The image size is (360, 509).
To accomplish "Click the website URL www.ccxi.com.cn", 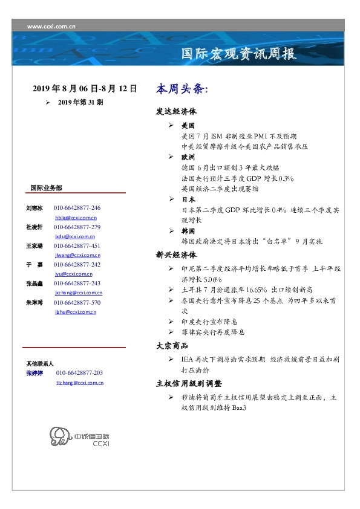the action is pyautogui.click(x=51, y=27).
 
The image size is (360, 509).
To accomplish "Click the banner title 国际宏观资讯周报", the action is pyautogui.click(x=239, y=54).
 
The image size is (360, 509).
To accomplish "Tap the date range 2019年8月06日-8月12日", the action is pyautogui.click(x=85, y=89).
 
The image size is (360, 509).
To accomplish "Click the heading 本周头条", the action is pyautogui.click(x=182, y=89).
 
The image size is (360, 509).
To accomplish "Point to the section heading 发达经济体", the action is pyautogui.click(x=176, y=112).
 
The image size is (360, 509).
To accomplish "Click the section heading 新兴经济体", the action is pyautogui.click(x=176, y=255).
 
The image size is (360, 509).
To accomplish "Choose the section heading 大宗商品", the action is pyautogui.click(x=172, y=346).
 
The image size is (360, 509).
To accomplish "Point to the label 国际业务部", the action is pyautogui.click(x=46, y=188).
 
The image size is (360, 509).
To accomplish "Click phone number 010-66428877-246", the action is pyautogui.click(x=77, y=208).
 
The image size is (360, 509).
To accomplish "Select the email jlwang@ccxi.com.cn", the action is pyautogui.click(x=76, y=256).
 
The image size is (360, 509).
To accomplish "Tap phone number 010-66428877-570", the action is pyautogui.click(x=77, y=302).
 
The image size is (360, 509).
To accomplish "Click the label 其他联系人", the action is pyautogui.click(x=40, y=364).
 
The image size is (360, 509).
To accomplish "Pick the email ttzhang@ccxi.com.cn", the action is pyautogui.click(x=79, y=383).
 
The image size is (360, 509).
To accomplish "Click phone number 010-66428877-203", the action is pyautogui.click(x=79, y=374).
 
